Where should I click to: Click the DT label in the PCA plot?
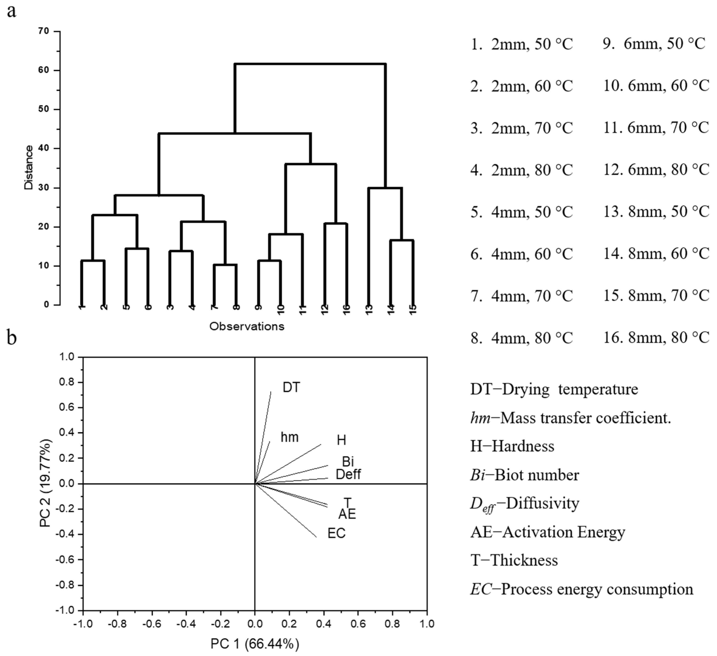coord(291,387)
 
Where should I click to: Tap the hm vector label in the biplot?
coord(290,437)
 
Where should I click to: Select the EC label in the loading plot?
coord(336,533)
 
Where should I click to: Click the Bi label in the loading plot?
coord(348,462)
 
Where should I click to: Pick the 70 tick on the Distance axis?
coord(44,31)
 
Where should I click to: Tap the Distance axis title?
coord(29,167)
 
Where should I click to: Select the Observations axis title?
coord(247,326)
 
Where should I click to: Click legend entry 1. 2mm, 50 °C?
coord(521,44)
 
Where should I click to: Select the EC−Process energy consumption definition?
coord(581,589)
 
